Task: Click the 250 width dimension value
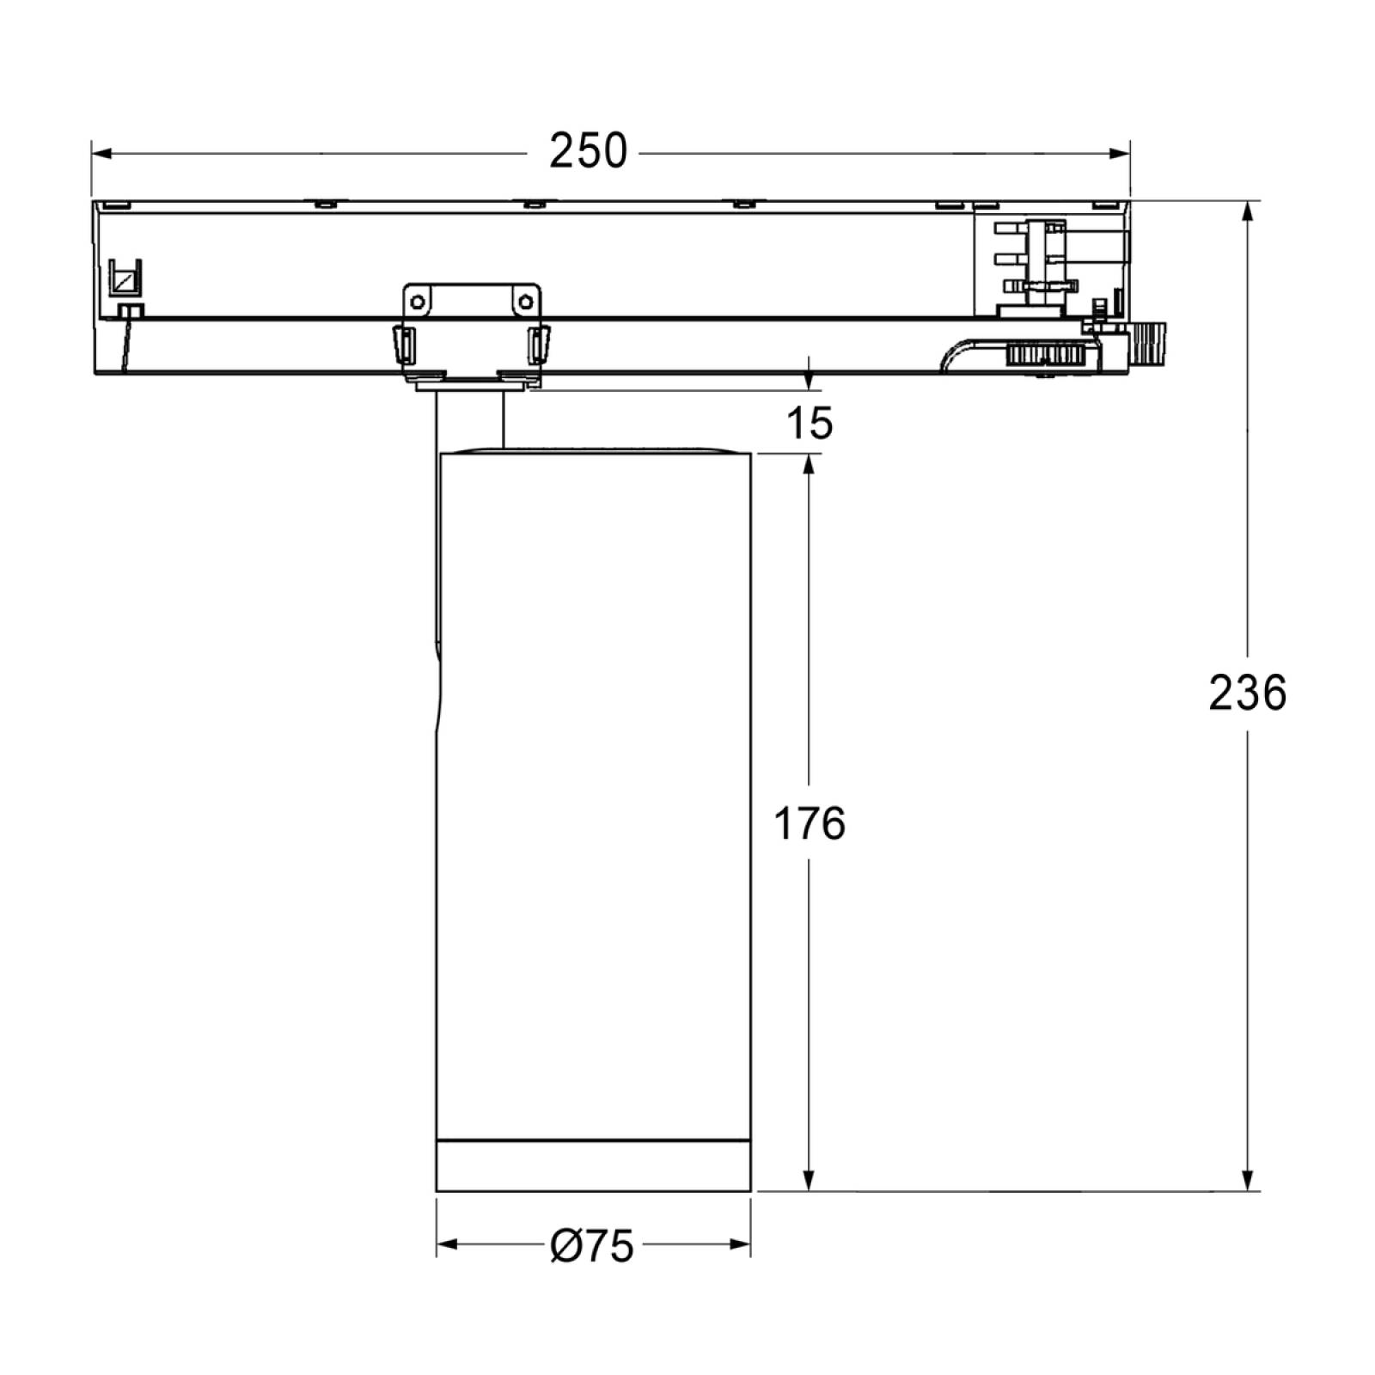point(589,151)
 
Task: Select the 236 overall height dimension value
point(1248,693)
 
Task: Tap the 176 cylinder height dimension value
point(810,824)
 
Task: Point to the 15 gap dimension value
point(810,423)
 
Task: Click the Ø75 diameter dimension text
point(592,1244)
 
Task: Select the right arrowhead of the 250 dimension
point(1119,154)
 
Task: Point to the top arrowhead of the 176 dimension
point(809,465)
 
